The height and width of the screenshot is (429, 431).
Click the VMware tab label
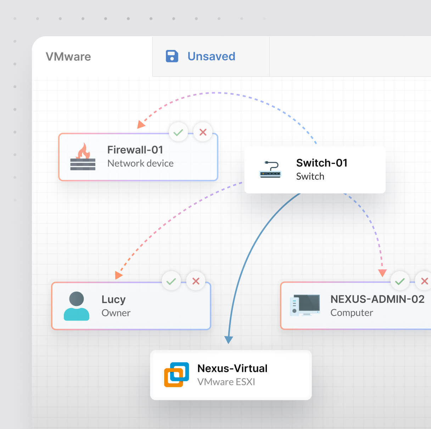click(68, 57)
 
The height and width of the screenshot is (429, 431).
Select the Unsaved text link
click(211, 56)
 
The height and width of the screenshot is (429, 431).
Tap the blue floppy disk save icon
click(172, 56)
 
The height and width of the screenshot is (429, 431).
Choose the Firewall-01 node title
click(135, 150)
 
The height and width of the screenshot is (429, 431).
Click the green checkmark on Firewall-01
click(178, 132)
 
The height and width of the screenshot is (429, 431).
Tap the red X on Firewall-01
click(203, 132)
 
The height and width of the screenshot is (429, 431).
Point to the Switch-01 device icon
click(270, 169)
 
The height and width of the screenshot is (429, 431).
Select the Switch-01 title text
click(321, 163)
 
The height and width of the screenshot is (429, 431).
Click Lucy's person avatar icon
click(77, 306)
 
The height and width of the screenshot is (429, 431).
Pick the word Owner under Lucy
click(116, 313)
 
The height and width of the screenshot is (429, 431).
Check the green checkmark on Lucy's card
click(171, 281)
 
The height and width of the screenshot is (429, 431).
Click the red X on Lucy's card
click(196, 281)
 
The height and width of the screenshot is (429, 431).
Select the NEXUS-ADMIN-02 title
click(377, 299)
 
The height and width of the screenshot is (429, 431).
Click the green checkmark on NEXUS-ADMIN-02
click(400, 281)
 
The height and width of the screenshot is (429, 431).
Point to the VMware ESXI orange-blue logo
click(176, 374)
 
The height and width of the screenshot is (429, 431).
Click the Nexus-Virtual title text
click(232, 368)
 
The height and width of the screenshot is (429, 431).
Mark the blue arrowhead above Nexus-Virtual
click(229, 340)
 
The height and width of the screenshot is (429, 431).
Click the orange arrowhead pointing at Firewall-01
click(141, 124)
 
